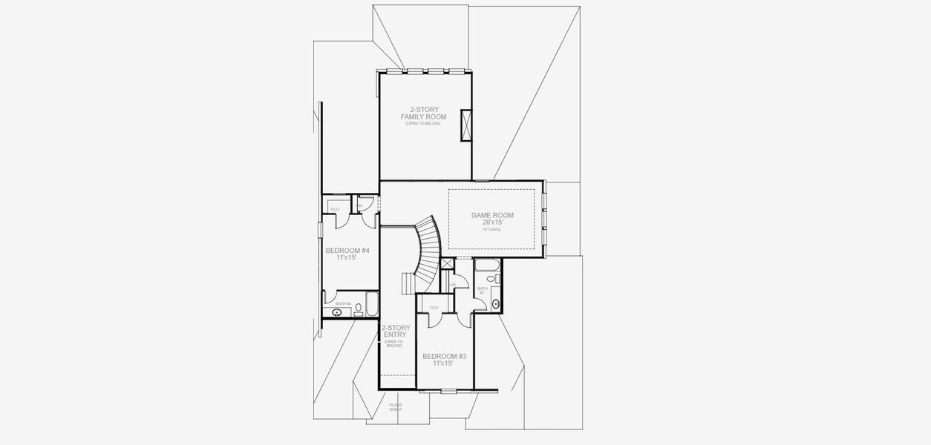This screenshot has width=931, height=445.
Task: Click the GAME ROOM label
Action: pos(492,216)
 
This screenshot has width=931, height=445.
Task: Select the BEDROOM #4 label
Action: pos(347,251)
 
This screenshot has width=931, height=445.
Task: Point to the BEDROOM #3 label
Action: pos(444,357)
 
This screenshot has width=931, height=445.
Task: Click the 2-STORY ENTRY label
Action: pos(395,331)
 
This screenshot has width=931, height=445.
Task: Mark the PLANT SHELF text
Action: pos(396,407)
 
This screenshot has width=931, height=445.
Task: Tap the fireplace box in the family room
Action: pos(466,125)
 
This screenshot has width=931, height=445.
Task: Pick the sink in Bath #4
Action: pos(337,312)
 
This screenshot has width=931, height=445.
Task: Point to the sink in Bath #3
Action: pos(496,303)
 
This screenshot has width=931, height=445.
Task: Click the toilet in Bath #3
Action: pos(497,280)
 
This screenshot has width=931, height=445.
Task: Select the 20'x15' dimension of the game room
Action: pos(492,222)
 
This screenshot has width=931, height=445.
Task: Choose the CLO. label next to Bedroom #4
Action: pos(335,209)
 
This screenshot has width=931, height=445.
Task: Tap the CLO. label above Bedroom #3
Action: pos(434,307)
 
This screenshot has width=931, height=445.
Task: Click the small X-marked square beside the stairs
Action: pos(447,263)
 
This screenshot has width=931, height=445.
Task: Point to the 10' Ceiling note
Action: pos(492,230)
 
